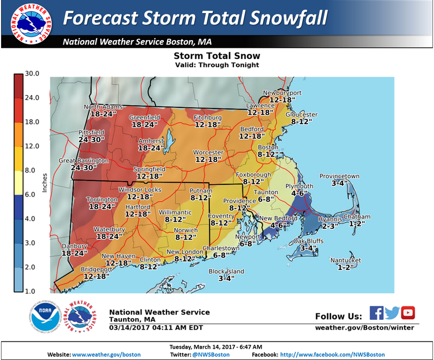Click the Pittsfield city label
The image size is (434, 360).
pos(75,132)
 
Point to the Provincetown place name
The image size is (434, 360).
pos(339,176)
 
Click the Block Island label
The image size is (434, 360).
pos(226,272)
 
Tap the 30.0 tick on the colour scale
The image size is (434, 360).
pos(33,74)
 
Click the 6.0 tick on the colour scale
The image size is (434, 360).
pos(31,194)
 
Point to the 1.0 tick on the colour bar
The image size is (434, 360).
pos(31,291)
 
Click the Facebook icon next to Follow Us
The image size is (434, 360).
pos(376,313)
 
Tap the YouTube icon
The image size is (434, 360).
pos(408,313)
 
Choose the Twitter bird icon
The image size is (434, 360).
pos(392,313)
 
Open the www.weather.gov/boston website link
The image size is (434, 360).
pos(106,355)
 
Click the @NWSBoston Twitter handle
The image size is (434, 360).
pos(211,355)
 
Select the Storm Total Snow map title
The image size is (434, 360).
pos(216,56)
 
